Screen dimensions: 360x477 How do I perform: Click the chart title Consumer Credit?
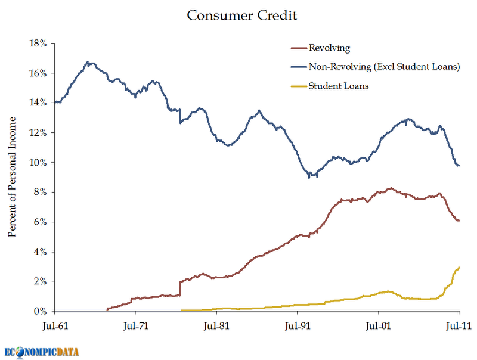click(241, 15)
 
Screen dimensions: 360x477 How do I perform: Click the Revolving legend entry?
click(329, 48)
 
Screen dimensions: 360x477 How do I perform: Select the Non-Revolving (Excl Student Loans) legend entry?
click(384, 67)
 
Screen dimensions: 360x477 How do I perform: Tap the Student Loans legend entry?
click(338, 86)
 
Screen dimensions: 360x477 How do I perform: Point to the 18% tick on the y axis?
click(39, 44)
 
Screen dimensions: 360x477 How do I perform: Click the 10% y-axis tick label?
click(39, 163)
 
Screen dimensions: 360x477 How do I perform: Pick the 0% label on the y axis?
click(41, 311)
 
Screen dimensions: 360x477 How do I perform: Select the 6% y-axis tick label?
click(41, 222)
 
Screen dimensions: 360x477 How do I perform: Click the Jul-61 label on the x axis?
click(54, 326)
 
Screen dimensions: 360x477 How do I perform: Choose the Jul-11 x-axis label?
click(459, 326)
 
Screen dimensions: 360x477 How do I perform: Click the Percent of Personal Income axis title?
click(12, 177)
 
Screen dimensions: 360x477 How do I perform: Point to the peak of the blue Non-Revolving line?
click(88, 62)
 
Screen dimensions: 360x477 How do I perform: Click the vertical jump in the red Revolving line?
click(180, 288)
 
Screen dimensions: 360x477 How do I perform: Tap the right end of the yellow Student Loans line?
click(459, 268)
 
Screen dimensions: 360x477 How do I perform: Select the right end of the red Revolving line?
click(459, 221)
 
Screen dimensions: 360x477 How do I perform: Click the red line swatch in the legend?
click(298, 48)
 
